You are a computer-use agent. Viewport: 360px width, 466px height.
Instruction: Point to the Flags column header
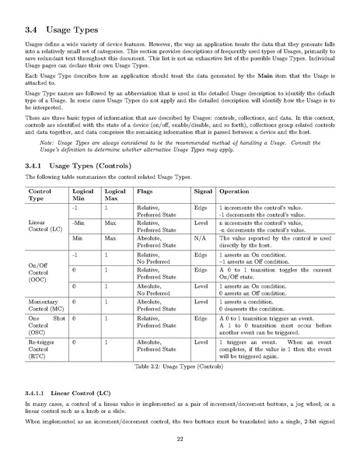point(145,191)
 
